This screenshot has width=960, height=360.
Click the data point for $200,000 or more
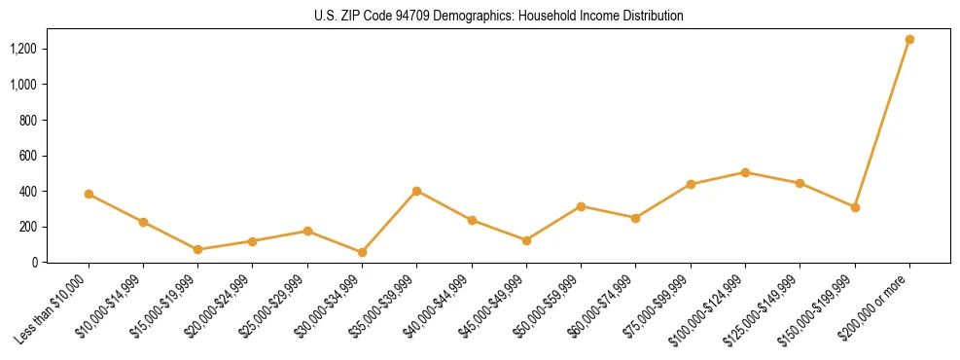coord(909,40)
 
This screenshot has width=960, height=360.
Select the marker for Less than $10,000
coord(89,194)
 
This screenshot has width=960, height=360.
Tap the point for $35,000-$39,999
coord(416,191)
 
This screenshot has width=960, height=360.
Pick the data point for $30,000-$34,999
coord(362,252)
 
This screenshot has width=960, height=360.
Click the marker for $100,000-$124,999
coord(745,172)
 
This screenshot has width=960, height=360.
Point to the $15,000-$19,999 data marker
coord(197,249)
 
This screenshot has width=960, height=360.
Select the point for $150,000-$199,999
coord(855,207)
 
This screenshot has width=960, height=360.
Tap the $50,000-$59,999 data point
coord(581,206)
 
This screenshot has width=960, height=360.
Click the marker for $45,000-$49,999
coord(526,240)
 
